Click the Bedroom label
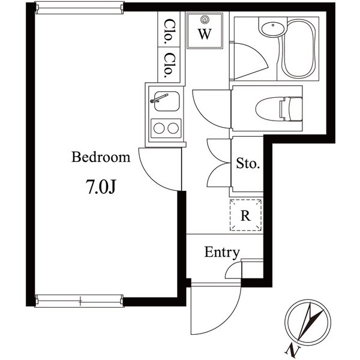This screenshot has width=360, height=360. click(101, 157)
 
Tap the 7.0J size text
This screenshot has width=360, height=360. click(101, 187)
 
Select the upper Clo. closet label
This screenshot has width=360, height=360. click(169, 32)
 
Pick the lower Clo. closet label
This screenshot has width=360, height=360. click(169, 65)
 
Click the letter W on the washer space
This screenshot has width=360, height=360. click(205, 34)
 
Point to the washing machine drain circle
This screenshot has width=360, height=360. click(205, 20)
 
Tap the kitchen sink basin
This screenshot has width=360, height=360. click(167, 101)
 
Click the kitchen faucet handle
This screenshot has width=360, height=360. click(159, 98)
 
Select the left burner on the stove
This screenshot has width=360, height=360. click(159, 128)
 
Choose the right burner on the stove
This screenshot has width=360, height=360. click(173, 128)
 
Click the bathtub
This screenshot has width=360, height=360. click(298, 49)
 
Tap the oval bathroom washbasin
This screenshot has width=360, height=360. click(273, 29)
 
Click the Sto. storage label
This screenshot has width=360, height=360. click(248, 163)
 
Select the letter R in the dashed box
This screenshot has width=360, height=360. click(245, 215)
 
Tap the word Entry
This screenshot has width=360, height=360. click(222, 253)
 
